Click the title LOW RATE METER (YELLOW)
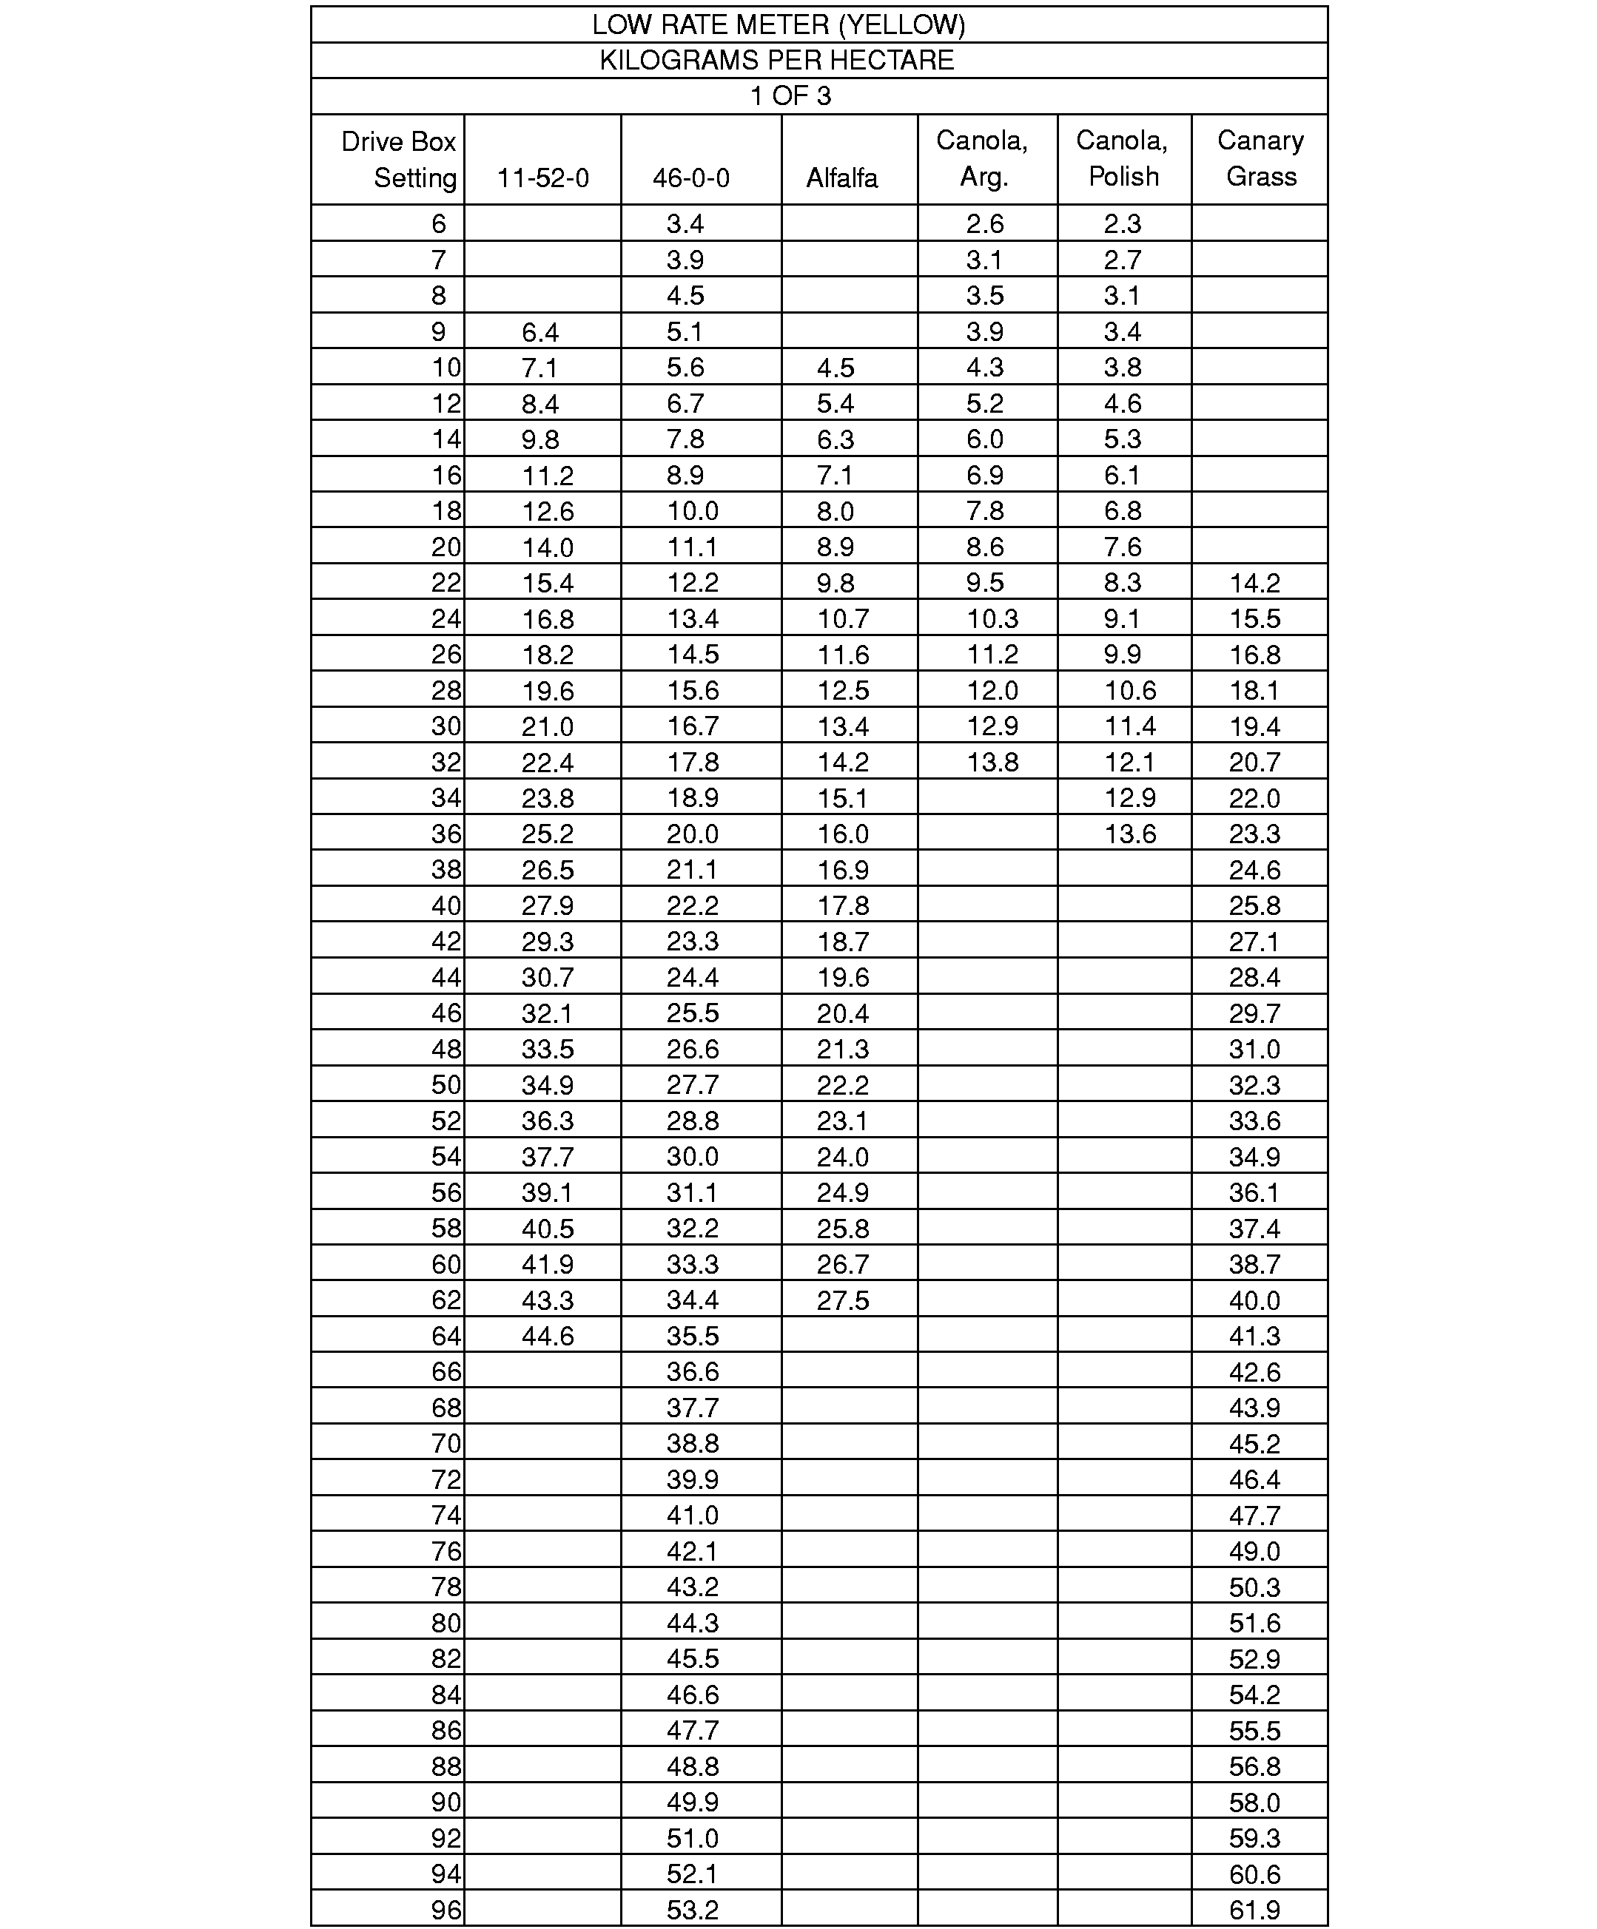pyautogui.click(x=779, y=25)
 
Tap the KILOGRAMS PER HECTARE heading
pyautogui.click(x=776, y=61)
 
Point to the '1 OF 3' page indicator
pyautogui.click(x=790, y=96)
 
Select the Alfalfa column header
pyautogui.click(x=841, y=178)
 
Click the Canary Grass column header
pyautogui.click(x=1261, y=158)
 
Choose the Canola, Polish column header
pyautogui.click(x=1122, y=158)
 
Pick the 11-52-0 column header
pyautogui.click(x=543, y=178)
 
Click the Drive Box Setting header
pyautogui.click(x=399, y=159)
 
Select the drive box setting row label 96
pyautogui.click(x=446, y=1911)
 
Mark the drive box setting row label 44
pyautogui.click(x=446, y=977)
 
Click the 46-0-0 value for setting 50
pyautogui.click(x=692, y=1085)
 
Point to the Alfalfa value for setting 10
pyautogui.click(x=836, y=368)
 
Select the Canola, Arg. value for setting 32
pyautogui.click(x=992, y=763)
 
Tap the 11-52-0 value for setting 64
pyautogui.click(x=548, y=1337)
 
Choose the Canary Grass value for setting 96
pyautogui.click(x=1254, y=1911)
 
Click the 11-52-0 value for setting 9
pyautogui.click(x=540, y=331)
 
